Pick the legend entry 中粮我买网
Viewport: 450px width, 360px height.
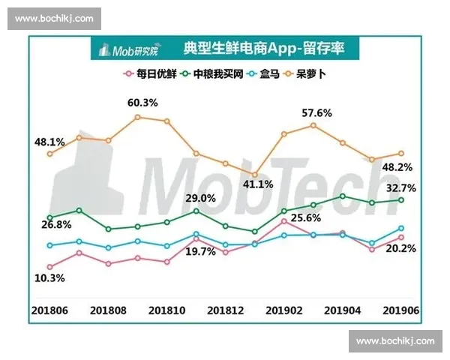pyautogui.click(x=212, y=74)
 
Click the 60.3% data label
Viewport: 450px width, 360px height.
pyautogui.click(x=142, y=102)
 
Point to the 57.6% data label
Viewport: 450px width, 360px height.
pyautogui.click(x=316, y=112)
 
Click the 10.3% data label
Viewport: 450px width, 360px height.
pyautogui.click(x=49, y=277)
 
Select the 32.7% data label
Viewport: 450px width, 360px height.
pyautogui.click(x=401, y=187)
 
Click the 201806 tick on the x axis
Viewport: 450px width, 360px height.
pyautogui.click(x=49, y=309)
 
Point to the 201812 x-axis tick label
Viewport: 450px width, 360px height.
pyautogui.click(x=225, y=309)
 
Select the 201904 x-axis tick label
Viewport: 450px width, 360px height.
pyautogui.click(x=343, y=309)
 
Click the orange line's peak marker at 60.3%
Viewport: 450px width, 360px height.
pyautogui.click(x=137, y=117)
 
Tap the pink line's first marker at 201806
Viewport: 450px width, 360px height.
pyautogui.click(x=49, y=266)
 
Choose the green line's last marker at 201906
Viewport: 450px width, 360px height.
pyautogui.click(x=401, y=199)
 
